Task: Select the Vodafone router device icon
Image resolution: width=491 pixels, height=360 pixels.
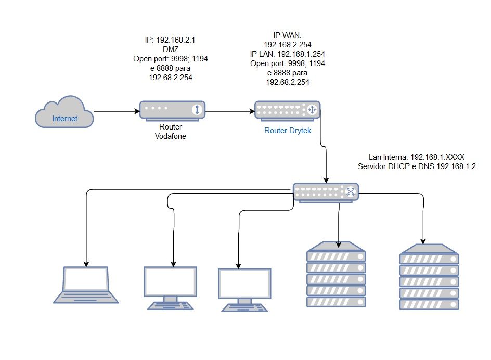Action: [172, 110]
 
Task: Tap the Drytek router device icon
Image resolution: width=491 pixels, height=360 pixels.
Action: [287, 110]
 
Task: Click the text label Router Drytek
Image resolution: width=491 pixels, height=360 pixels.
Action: [288, 131]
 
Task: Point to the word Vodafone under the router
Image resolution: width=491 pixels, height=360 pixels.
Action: [170, 136]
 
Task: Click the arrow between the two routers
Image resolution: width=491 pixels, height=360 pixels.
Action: [229, 111]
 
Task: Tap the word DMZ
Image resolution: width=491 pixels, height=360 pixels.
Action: [171, 49]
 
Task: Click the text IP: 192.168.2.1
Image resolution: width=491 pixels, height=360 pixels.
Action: [171, 40]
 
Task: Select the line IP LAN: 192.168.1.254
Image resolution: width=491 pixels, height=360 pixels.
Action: [288, 54]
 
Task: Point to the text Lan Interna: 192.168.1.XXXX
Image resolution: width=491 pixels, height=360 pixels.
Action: [416, 156]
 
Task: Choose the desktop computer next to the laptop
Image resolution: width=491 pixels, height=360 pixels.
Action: [170, 288]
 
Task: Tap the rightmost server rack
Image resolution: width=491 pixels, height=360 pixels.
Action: [430, 277]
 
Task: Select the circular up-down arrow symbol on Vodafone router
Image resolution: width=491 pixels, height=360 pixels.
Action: [197, 110]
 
